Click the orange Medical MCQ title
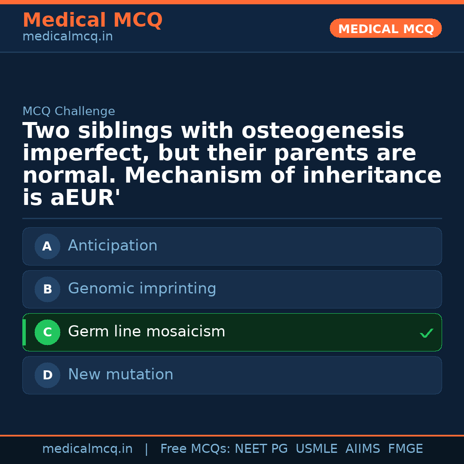point(92,20)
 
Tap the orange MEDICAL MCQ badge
point(386,28)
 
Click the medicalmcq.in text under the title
point(67,37)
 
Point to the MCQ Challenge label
point(69,111)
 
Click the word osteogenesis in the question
point(323,131)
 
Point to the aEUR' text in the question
point(85,198)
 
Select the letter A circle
point(47,246)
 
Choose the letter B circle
point(47,289)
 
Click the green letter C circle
point(47,332)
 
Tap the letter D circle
point(47,375)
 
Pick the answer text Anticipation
point(113,246)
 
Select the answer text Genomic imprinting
point(142,289)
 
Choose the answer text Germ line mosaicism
point(147,332)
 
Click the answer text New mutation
point(120,375)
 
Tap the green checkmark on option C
point(426,333)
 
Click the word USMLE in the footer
point(316,449)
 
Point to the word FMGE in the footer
point(405,449)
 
